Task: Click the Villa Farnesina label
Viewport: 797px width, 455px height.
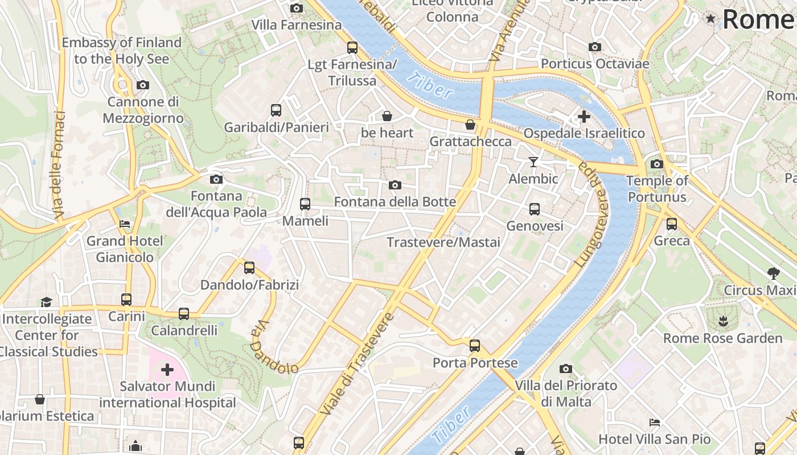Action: pyautogui.click(x=297, y=25)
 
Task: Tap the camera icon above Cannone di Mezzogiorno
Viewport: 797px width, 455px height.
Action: pyautogui.click(x=143, y=85)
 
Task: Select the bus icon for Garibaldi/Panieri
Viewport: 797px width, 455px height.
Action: pyautogui.click(x=276, y=110)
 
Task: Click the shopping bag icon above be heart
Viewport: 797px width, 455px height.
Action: pyautogui.click(x=387, y=116)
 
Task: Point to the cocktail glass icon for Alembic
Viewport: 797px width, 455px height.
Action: pyautogui.click(x=533, y=162)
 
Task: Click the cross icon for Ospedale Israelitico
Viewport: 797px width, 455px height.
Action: pyautogui.click(x=584, y=117)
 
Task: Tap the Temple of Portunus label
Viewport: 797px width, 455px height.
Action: pyautogui.click(x=657, y=189)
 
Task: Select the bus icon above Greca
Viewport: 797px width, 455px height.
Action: pyautogui.click(x=672, y=224)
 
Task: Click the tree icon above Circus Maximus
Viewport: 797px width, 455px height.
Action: pyautogui.click(x=773, y=273)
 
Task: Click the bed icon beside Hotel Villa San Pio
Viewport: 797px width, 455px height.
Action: pyautogui.click(x=655, y=423)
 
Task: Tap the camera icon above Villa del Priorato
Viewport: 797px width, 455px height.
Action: pyautogui.click(x=565, y=369)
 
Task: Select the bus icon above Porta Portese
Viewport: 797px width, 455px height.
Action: pyautogui.click(x=475, y=345)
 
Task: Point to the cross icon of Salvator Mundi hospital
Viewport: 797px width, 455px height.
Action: pyautogui.click(x=167, y=370)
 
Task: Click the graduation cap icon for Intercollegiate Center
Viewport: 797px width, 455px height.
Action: pyautogui.click(x=46, y=302)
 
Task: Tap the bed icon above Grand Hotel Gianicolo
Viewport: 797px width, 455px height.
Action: pyautogui.click(x=125, y=224)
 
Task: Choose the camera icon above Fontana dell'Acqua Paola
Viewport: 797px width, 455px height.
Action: pyautogui.click(x=216, y=180)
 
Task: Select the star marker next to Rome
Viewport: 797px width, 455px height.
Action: pyautogui.click(x=710, y=19)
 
